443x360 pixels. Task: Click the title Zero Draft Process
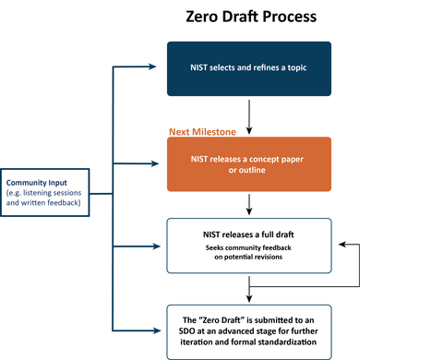point(248,17)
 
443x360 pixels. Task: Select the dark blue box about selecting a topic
point(248,67)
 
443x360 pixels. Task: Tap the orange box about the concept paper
point(248,165)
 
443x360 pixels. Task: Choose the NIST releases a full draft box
point(248,245)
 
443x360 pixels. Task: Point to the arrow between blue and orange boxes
point(249,114)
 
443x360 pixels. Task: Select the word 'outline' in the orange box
point(249,172)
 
